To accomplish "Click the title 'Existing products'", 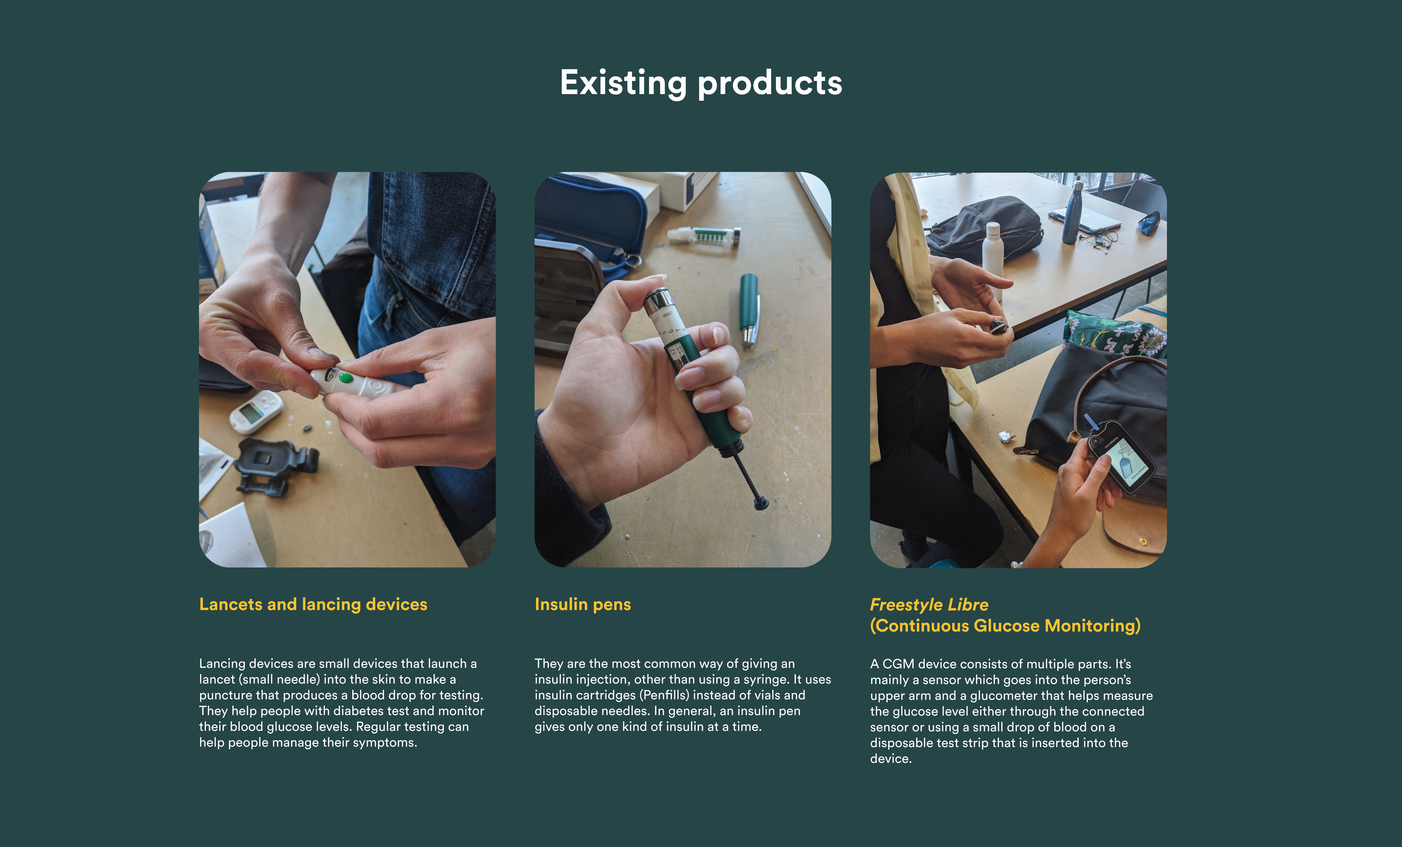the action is pos(701,83).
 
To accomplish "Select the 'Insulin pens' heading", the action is pos(583,605).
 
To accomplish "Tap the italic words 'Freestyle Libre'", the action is pos(929,605).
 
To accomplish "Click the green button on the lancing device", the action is pos(345,377).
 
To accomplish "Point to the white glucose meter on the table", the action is pos(256,411).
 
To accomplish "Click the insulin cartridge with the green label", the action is pos(704,235).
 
